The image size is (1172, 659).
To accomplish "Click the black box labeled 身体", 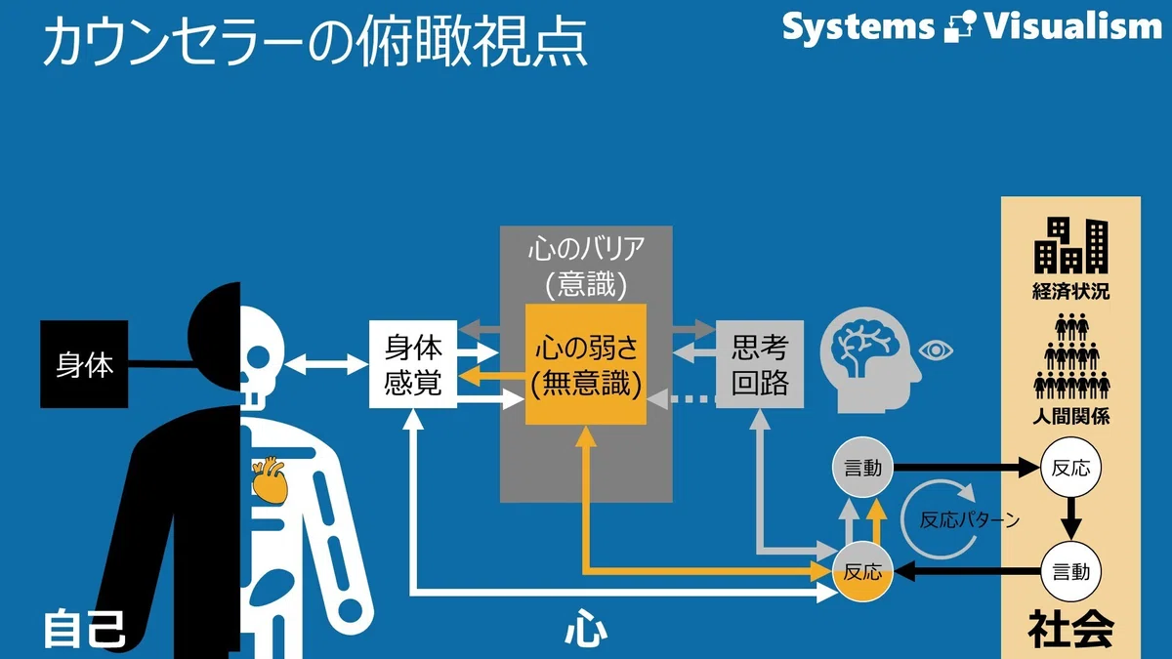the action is coord(84,364).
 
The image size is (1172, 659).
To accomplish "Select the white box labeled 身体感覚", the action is coord(413,364).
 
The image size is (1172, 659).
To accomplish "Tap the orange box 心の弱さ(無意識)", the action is coord(586,364).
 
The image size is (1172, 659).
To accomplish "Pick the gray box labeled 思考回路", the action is coord(760,364).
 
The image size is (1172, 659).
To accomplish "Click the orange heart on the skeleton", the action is coord(270,480).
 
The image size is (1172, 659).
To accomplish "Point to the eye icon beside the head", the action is coord(936,350).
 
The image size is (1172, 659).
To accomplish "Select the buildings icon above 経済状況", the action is coord(1071,246).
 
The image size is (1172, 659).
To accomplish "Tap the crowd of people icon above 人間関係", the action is coord(1071,355).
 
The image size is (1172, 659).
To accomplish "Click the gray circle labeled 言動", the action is coord(862,468).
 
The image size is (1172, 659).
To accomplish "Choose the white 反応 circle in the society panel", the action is coord(1071,468).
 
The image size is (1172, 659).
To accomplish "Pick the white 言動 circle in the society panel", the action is coord(1071,572).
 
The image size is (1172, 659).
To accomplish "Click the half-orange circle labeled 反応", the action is coord(862,572).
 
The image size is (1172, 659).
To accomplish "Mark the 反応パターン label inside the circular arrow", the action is coord(970,519).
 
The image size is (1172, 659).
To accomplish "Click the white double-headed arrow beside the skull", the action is coord(326,364).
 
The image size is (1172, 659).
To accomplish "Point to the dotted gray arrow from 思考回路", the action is coord(682,399).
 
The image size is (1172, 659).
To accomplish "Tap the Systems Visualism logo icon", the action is coord(960,26).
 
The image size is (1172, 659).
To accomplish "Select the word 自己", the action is coord(84,629).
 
